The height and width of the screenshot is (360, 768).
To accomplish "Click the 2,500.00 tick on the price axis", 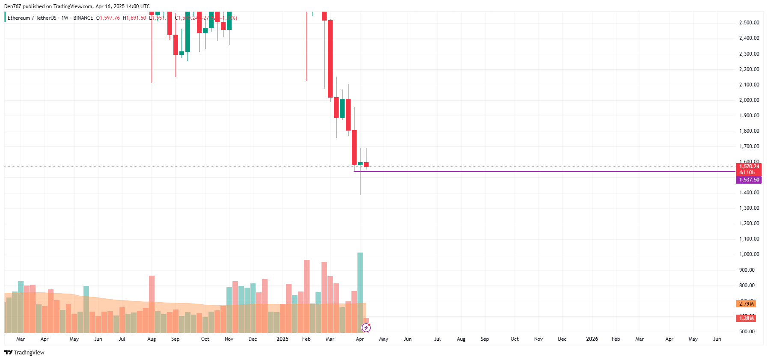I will pyautogui.click(x=749, y=23).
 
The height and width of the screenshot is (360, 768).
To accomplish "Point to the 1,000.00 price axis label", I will pyautogui.click(x=749, y=254).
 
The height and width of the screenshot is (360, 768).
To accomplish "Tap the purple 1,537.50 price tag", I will pyautogui.click(x=749, y=180).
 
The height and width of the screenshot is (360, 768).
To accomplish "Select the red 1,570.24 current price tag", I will pyautogui.click(x=749, y=167).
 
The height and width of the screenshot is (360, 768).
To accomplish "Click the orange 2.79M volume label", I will pyautogui.click(x=746, y=304).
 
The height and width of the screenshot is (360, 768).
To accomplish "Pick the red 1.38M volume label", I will pyautogui.click(x=746, y=318).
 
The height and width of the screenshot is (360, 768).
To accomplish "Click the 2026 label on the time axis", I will pyautogui.click(x=592, y=339).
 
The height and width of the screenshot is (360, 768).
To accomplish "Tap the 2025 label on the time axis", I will pyautogui.click(x=282, y=339).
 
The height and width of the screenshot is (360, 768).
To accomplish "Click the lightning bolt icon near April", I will pyautogui.click(x=366, y=328).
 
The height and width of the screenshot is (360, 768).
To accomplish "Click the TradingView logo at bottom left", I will pyautogui.click(x=24, y=352).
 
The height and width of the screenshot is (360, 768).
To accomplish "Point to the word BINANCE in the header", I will pyautogui.click(x=83, y=18).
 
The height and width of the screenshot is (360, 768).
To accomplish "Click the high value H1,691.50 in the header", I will pyautogui.click(x=134, y=18).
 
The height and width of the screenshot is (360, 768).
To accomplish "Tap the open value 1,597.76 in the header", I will pyautogui.click(x=109, y=18).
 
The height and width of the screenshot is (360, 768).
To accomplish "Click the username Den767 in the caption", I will pyautogui.click(x=12, y=6).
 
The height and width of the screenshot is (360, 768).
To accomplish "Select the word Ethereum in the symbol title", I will pyautogui.click(x=19, y=18).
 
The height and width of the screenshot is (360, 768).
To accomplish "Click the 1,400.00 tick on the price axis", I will pyautogui.click(x=749, y=193).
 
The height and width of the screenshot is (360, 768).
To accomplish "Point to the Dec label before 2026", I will pyautogui.click(x=562, y=339).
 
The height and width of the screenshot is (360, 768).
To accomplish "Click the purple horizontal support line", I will pyautogui.click(x=514, y=172).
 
